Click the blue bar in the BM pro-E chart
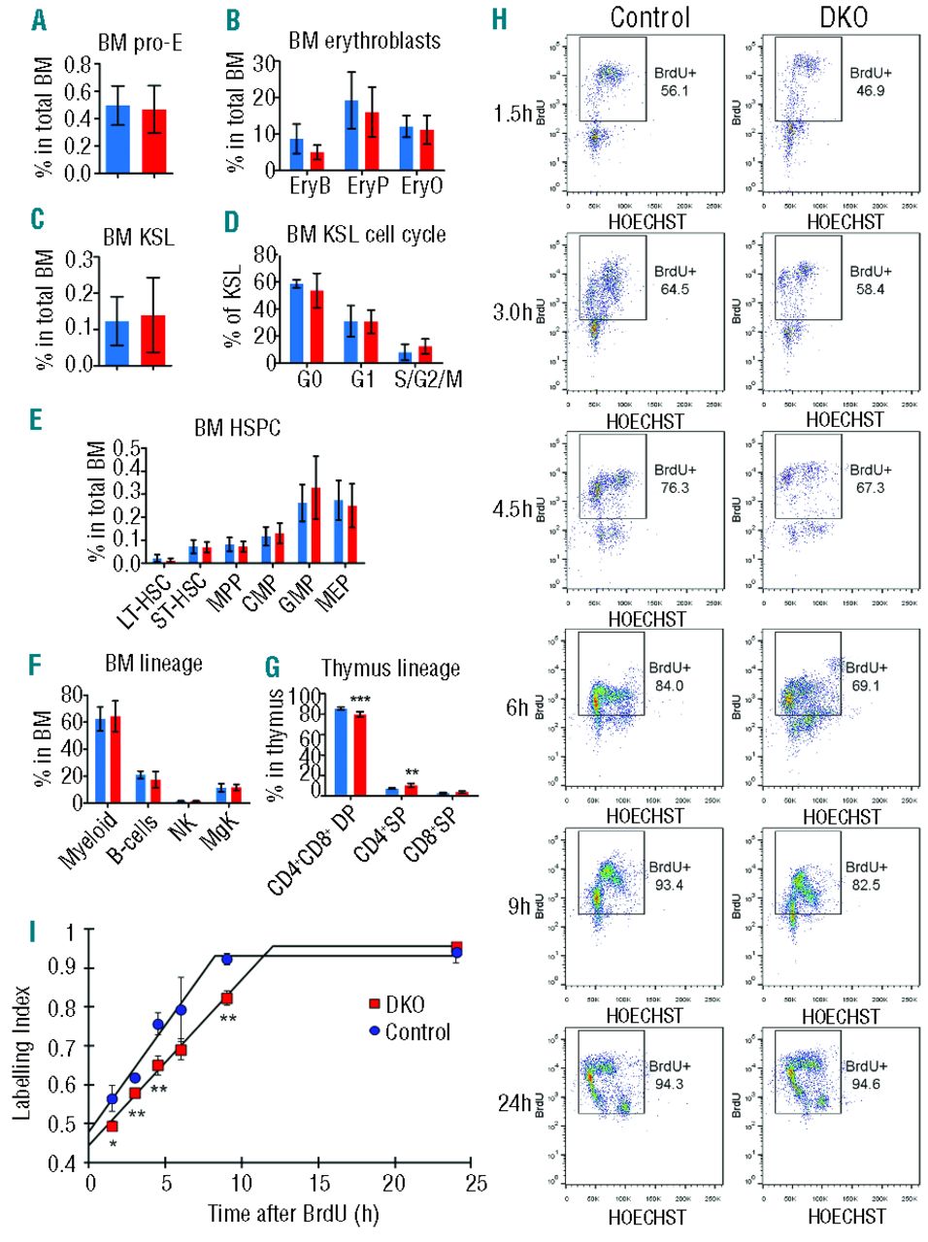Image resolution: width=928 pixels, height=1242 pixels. pos(116,140)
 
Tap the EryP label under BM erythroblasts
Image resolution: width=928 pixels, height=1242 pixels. pos(368,185)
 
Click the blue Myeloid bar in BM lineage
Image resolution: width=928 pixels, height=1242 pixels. pos(100,761)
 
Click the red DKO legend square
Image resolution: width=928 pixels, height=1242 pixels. pos(375,1004)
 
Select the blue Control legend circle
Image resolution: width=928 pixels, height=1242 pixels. pos(375,1030)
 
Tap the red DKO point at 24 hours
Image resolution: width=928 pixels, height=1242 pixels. pos(456,947)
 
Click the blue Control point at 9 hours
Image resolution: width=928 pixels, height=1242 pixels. pos(227,959)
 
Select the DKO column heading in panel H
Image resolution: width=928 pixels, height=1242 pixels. pos(843,16)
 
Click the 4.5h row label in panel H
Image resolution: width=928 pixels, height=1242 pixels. pos(512,507)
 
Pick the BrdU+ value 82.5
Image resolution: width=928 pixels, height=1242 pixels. pos(866,885)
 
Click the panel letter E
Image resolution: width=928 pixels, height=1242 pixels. pos(36,419)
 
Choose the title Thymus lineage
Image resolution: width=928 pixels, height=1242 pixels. pos(390,669)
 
